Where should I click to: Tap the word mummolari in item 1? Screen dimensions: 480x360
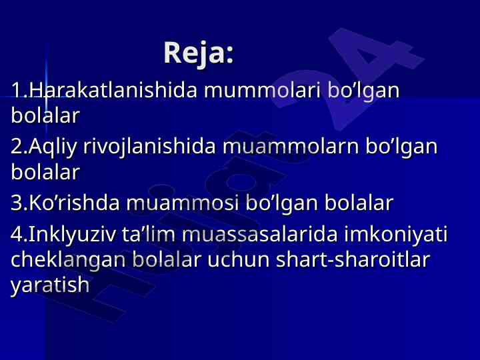tap(263, 91)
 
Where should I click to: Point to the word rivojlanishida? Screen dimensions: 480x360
tap(150, 147)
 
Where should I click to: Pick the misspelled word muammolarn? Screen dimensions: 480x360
tap(291, 147)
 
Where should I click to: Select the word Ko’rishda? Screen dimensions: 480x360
tap(74, 203)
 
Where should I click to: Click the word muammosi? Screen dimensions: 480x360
tap(183, 203)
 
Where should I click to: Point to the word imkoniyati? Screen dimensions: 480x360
tap(396, 235)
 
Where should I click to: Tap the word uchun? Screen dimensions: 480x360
tap(239, 260)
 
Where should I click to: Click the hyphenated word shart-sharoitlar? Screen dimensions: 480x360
tap(353, 259)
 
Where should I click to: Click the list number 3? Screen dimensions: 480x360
tap(16, 203)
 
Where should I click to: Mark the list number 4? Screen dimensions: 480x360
tap(16, 234)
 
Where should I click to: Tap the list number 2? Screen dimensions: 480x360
tap(16, 147)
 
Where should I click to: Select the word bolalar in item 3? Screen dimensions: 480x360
tap(359, 203)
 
